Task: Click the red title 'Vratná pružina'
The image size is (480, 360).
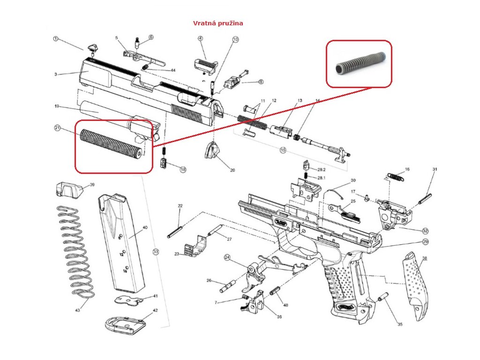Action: pos(218,23)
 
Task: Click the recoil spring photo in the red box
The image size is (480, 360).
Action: pos(359,64)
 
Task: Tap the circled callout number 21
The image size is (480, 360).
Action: pos(58,127)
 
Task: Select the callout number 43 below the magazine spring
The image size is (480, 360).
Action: pos(77,310)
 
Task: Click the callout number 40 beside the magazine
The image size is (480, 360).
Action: pos(145,227)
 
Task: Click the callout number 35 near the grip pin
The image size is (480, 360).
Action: pos(400,324)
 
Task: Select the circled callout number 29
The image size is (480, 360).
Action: pos(426,242)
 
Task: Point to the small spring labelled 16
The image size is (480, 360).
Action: pos(395,176)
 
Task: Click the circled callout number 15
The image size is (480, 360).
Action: pos(283,150)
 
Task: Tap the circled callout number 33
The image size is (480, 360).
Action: pos(156,252)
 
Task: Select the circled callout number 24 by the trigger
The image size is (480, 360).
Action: pos(227,257)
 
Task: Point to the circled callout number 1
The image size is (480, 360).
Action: pos(55,39)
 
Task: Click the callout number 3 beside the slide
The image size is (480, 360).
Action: pos(56,74)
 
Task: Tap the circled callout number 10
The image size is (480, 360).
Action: pos(235,39)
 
